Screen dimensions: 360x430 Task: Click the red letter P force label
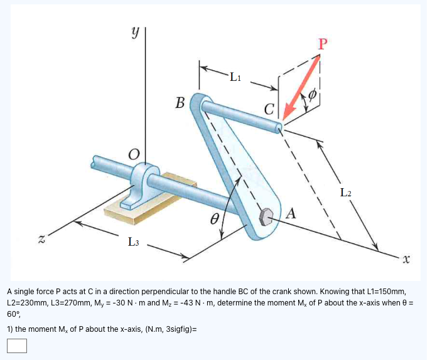point(323,43)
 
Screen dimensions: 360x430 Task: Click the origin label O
point(133,154)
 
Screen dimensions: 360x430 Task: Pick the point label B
point(180,102)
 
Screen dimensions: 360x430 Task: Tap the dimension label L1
point(234,78)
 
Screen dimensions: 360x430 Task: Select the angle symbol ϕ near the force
point(313,96)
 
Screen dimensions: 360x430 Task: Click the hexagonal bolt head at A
point(266,216)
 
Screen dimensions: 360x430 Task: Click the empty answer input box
point(17,346)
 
